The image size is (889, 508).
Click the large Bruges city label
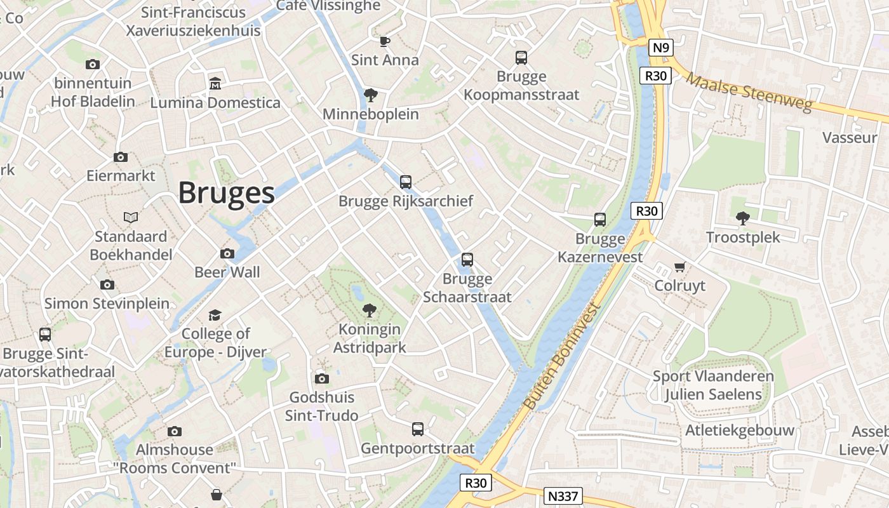[226, 192]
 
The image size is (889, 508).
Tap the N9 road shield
[660, 47]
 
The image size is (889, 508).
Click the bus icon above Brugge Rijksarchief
[406, 182]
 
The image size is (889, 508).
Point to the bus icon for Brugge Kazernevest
[600, 220]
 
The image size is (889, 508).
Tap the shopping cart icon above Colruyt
[679, 267]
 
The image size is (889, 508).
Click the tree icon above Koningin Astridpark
[369, 311]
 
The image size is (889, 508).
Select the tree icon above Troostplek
[742, 218]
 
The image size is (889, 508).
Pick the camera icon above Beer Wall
[227, 253]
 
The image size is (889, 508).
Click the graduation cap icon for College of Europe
[215, 315]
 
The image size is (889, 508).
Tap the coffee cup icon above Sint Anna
[384, 41]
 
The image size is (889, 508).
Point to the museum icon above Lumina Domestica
[215, 84]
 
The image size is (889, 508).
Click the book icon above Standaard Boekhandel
[131, 218]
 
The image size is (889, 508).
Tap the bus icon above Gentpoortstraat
[417, 429]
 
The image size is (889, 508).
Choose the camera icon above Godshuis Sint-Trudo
[322, 379]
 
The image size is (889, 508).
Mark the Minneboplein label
[371, 114]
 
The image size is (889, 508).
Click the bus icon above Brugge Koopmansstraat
[521, 58]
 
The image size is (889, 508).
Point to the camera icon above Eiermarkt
[120, 157]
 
